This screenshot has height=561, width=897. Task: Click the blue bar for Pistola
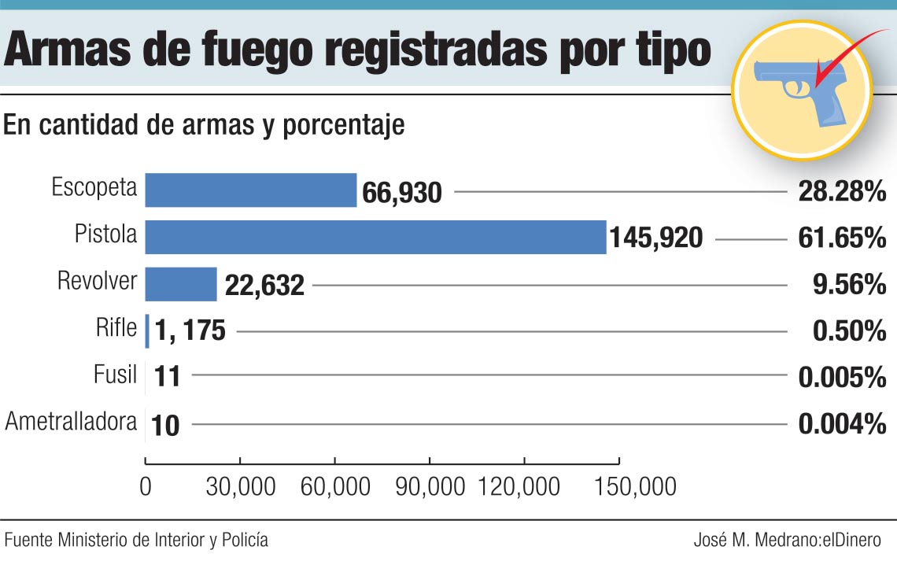click(375, 237)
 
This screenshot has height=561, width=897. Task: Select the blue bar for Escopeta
click(251, 190)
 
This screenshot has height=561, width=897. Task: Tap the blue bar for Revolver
click(181, 284)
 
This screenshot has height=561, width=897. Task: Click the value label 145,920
click(655, 238)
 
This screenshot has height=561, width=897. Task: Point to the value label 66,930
click(402, 192)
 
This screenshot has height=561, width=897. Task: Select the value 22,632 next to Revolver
click(264, 286)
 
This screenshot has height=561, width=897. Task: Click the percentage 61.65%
click(842, 237)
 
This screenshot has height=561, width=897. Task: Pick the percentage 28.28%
click(842, 191)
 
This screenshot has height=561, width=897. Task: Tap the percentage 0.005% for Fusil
click(842, 378)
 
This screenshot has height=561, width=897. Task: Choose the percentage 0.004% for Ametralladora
click(842, 425)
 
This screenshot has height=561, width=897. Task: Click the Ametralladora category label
click(71, 422)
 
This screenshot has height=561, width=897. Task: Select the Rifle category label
click(116, 327)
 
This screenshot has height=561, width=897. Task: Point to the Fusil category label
click(115, 375)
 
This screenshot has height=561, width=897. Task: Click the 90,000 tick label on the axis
click(430, 487)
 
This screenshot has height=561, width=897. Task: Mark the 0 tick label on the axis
click(146, 487)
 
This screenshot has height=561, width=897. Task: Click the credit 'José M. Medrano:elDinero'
click(788, 541)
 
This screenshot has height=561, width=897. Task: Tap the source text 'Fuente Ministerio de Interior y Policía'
click(136, 541)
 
